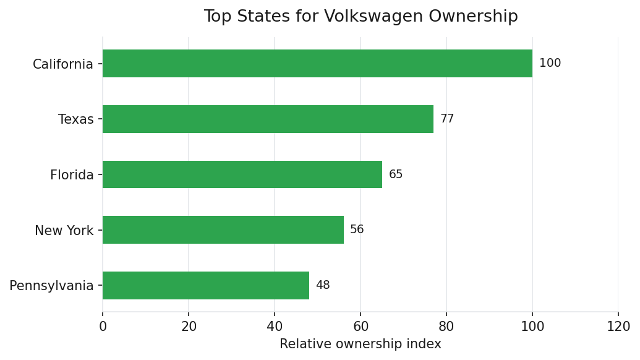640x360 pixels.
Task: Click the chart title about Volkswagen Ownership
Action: click(361, 17)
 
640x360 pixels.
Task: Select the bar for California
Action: click(317, 63)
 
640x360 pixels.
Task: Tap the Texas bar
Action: click(268, 119)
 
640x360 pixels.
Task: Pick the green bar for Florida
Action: click(242, 174)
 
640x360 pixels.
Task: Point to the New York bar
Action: click(223, 230)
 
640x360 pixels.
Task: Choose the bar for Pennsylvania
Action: click(206, 285)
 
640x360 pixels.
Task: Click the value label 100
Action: click(550, 63)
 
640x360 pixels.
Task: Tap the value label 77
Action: click(447, 119)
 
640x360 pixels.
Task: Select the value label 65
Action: click(396, 174)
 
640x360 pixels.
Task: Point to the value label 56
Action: click(357, 230)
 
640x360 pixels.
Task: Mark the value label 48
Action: click(323, 285)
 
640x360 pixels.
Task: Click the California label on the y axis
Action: click(63, 64)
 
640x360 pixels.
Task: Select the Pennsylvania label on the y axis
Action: click(52, 286)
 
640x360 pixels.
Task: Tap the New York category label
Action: click(64, 231)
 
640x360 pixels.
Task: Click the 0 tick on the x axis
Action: click(103, 326)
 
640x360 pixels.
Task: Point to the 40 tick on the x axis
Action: click(275, 326)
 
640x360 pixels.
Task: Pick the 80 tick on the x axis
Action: click(446, 326)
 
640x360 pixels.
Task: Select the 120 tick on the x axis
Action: click(618, 326)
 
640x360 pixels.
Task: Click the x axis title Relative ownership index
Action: click(361, 344)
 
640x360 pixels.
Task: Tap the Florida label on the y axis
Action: click(72, 176)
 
